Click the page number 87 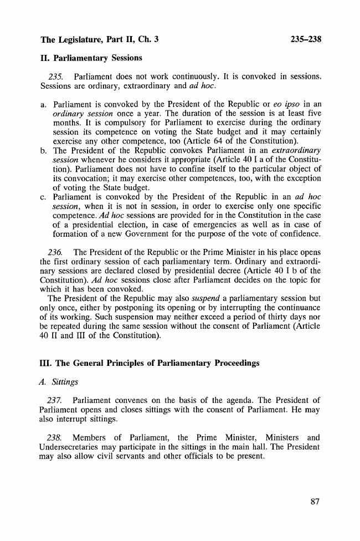coord(315,502)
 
